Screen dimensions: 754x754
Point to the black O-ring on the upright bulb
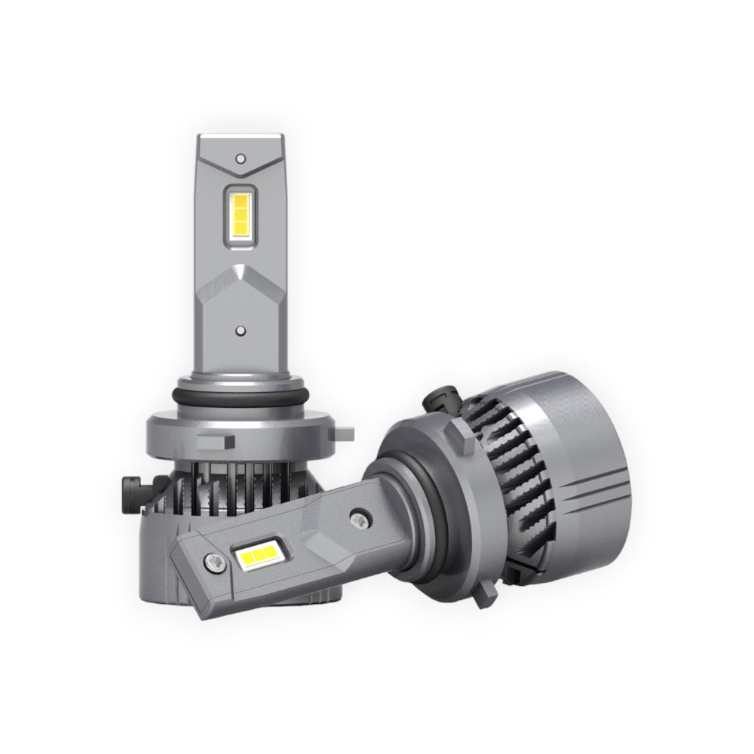pos(240,397)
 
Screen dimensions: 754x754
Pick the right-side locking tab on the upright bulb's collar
pos(345,432)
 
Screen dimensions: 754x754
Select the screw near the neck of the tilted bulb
pos(360,519)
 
